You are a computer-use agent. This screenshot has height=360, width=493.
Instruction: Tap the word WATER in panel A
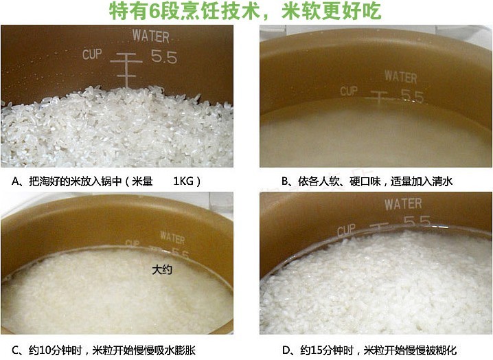150,36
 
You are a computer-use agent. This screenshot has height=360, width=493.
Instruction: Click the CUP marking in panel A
92,54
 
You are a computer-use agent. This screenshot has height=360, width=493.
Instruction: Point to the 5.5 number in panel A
164,56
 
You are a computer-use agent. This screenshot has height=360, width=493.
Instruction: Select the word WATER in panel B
401,77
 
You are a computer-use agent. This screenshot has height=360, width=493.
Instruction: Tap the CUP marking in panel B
349,91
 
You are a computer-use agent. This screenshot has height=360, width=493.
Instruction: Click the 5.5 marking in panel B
412,96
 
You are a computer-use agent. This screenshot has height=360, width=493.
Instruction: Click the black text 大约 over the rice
162,270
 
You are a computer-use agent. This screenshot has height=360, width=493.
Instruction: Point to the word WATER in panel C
172,238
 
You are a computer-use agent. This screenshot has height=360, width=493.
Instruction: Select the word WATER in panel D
403,204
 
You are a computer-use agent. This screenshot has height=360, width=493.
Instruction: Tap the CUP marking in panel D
347,230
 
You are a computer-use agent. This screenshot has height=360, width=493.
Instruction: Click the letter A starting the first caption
15,181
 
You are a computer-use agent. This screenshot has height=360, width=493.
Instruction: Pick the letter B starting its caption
285,181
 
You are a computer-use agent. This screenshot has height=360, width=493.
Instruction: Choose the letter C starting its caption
15,350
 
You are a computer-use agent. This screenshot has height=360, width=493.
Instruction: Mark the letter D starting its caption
286,350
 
